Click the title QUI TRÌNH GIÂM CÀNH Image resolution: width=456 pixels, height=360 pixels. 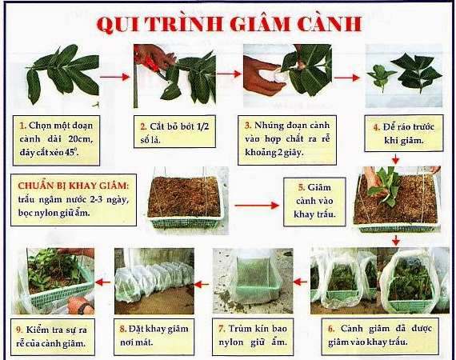click(x=229, y=24)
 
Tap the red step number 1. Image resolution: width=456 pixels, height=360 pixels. click(x=22, y=126)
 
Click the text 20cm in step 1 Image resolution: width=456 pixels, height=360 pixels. click(x=81, y=139)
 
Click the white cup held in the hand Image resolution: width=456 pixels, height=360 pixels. click(x=278, y=77)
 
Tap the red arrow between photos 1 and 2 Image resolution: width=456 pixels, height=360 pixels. click(x=115, y=77)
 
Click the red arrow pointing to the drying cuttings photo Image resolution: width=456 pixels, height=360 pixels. click(x=347, y=78)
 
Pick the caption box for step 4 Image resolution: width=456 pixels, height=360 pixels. click(x=404, y=133)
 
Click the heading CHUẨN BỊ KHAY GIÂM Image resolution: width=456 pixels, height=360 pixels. click(x=73, y=186)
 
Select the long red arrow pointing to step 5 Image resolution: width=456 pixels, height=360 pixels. click(x=257, y=206)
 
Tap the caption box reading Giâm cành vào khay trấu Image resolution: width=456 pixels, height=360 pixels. click(x=314, y=202)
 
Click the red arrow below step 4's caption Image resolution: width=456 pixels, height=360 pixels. click(x=395, y=159)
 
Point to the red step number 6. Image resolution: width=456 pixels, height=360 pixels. click(x=331, y=329)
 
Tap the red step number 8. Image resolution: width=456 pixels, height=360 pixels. click(x=122, y=329)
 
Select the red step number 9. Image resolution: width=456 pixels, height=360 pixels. click(x=20, y=330)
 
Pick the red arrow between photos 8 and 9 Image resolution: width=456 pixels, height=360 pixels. click(x=103, y=282)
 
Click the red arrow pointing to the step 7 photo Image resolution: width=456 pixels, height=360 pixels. click(x=300, y=282)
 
